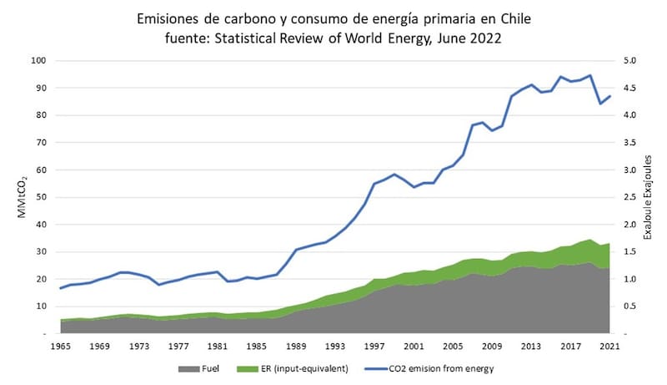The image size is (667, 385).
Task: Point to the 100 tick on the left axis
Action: [x=38, y=61]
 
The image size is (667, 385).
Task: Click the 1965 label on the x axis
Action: [x=60, y=345]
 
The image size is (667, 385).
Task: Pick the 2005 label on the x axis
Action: [x=452, y=345]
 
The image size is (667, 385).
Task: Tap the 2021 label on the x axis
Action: [x=609, y=345]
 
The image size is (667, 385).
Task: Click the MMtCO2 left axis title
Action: [x=23, y=198]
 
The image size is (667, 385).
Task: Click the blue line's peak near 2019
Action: [x=590, y=75]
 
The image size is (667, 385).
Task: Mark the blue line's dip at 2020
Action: [x=600, y=104]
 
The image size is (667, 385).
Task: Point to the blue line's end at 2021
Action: [x=610, y=96]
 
